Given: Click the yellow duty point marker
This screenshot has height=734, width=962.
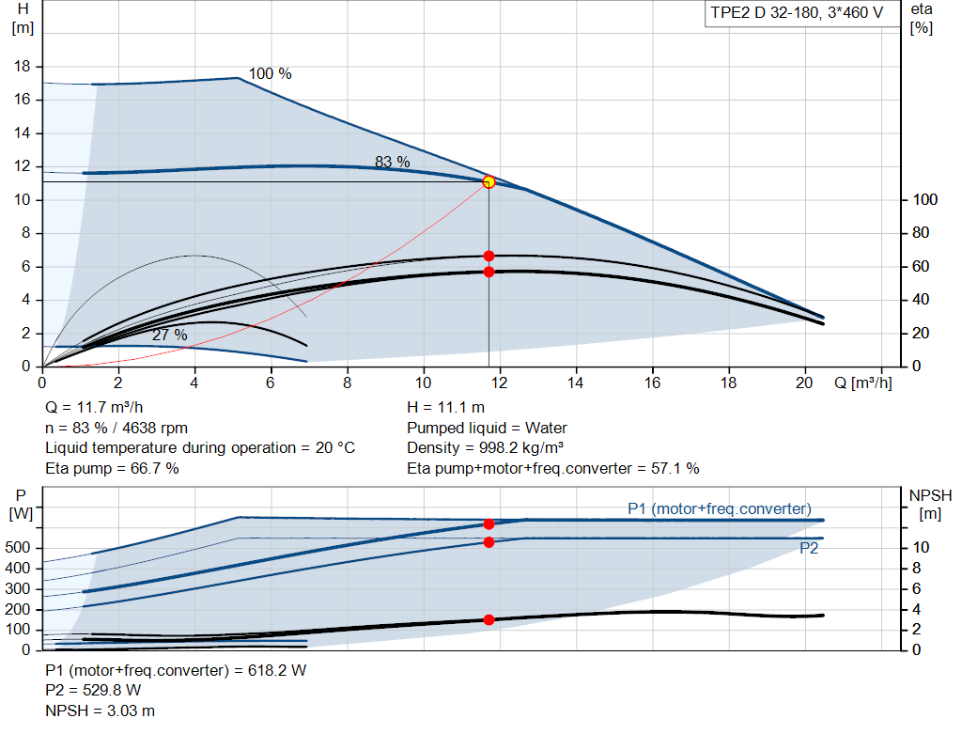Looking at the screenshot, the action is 489,182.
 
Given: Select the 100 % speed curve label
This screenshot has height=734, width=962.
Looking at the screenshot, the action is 270,73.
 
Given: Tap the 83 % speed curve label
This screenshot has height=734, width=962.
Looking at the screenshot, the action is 393,162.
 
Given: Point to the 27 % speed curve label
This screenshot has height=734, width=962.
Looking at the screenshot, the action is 170,335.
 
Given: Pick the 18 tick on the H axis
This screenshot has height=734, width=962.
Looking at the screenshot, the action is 23,67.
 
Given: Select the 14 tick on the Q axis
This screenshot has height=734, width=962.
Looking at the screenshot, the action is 576,383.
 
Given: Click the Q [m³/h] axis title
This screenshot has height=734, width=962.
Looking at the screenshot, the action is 863,383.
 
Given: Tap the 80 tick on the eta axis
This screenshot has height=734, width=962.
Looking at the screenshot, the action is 921,232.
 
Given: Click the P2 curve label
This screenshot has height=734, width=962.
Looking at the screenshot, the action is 809,548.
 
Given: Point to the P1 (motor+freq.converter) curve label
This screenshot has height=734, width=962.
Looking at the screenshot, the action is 720,508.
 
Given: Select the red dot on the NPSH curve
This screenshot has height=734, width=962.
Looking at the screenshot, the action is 489,620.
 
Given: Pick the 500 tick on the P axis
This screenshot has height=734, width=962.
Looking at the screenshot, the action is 18,547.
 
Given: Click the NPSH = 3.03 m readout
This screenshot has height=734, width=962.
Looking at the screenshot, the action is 100,711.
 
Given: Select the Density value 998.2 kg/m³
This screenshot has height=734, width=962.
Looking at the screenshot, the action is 521,448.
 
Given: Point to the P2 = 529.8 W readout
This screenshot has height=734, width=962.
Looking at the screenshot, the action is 93,691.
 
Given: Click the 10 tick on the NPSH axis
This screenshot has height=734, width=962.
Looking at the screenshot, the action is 921,547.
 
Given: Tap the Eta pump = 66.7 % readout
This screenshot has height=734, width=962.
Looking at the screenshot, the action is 113,469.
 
